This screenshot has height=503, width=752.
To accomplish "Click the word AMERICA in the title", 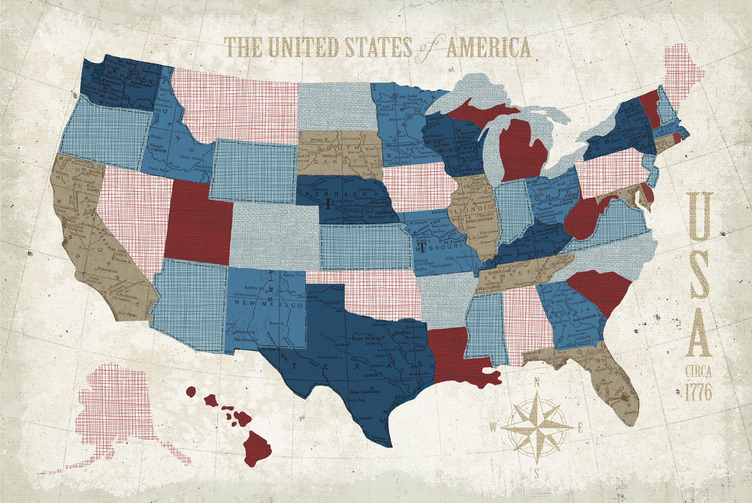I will [x=489, y=48].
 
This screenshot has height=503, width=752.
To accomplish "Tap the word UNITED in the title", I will [x=303, y=47].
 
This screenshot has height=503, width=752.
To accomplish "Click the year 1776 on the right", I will [x=698, y=392].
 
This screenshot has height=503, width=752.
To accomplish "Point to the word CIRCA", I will [x=698, y=372].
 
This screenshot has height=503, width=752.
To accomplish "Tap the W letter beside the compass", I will [x=493, y=427].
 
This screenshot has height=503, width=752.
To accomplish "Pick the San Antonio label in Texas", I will [x=365, y=392].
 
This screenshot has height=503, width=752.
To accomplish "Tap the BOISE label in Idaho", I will [x=160, y=150].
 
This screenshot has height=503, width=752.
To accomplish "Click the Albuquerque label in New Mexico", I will [x=246, y=295].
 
